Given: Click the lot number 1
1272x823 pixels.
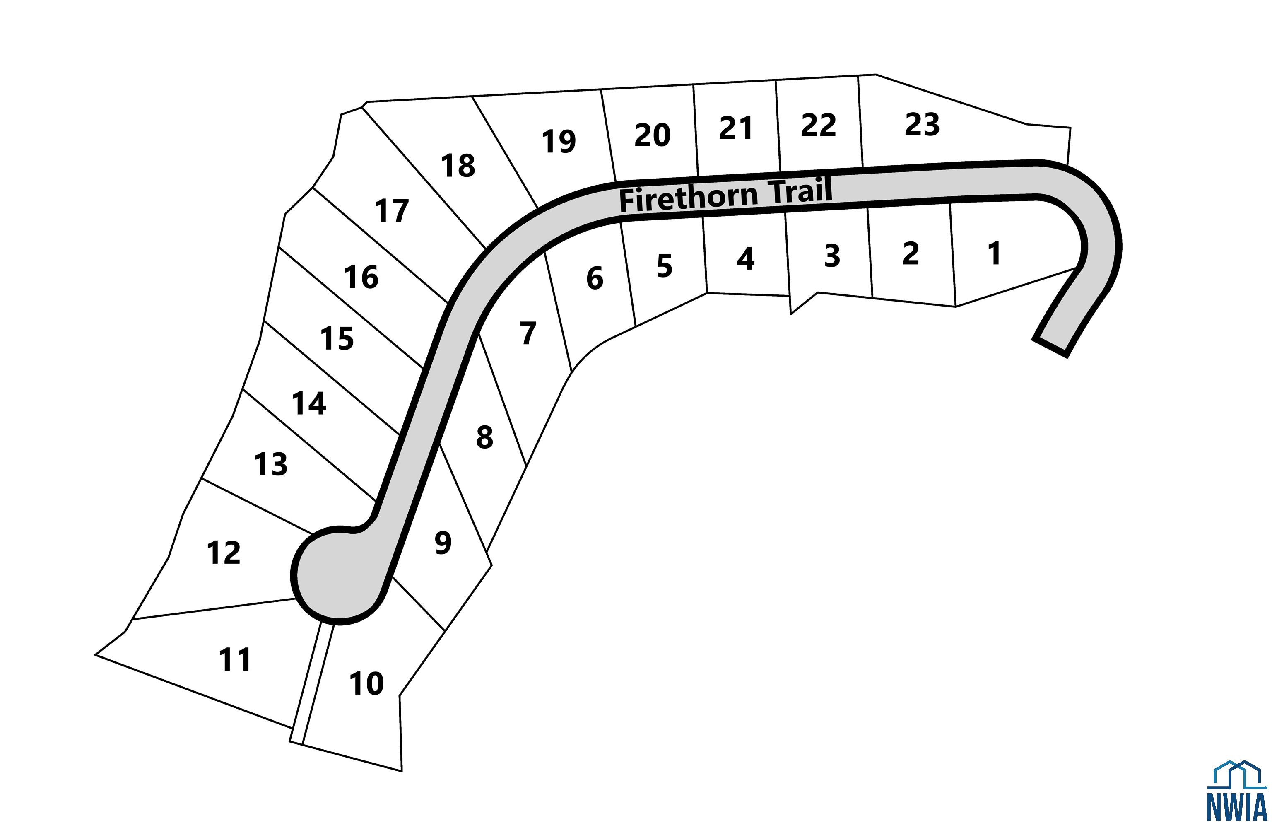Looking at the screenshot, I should coord(994,253).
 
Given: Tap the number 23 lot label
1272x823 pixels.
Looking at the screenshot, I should coord(922,125).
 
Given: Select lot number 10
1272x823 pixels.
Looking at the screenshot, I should coord(366,683).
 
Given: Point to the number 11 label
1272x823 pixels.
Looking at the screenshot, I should coord(235,660).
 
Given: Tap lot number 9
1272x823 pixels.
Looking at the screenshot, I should coord(443,543).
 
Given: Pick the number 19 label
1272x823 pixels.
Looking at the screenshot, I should coord(559,142).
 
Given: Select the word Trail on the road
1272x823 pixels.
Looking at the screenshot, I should coord(800,191).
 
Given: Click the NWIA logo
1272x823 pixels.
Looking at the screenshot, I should coord(1237,791).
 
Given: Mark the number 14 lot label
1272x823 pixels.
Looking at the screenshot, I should coord(309,404).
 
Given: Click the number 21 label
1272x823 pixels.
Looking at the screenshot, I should coord(736,128).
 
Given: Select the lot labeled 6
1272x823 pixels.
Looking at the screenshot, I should coord(595,278).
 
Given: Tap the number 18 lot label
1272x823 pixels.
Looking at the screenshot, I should coord(458,166).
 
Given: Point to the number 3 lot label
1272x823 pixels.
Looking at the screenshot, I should coord(832,256).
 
